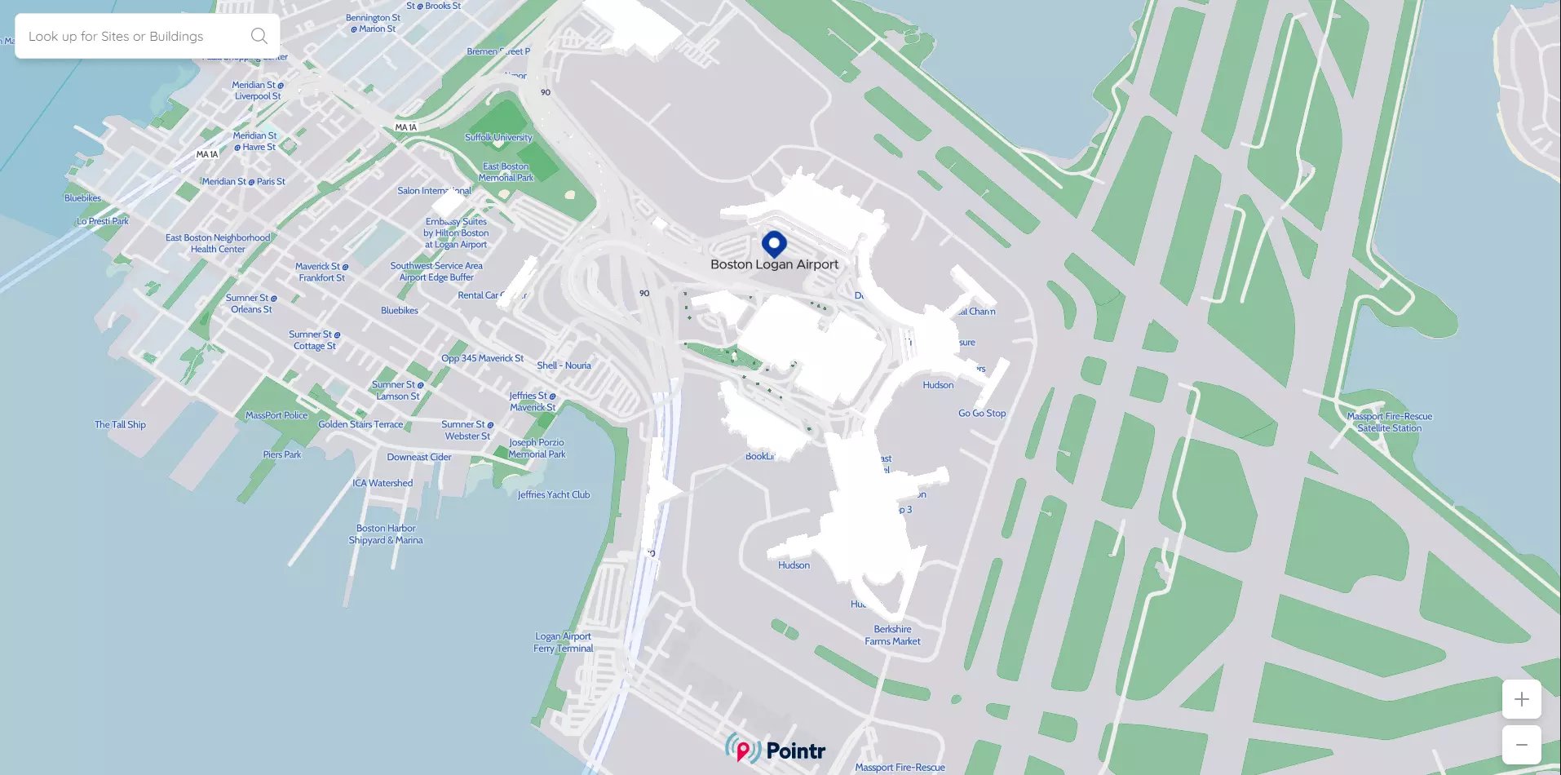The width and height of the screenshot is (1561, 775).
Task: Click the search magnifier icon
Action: coord(259,36)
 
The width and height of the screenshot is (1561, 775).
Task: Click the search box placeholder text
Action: coord(116,37)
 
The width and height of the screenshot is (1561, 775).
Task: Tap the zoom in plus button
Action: coord(1521,699)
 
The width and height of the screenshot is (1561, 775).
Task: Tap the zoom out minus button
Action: coord(1521,745)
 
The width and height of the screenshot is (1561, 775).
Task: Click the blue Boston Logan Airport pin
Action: coord(774,243)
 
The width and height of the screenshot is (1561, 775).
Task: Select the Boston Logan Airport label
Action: coord(774,264)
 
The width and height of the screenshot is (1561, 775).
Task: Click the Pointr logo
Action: coord(776,750)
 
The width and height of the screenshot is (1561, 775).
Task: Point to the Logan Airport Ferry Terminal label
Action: coord(563,642)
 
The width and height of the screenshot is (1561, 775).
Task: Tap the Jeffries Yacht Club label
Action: coord(553,494)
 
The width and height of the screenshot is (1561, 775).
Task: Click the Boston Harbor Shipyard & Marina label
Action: coord(386,534)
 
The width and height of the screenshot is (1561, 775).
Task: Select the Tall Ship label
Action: coord(120,424)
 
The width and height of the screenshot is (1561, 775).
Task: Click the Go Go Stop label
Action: coord(982,413)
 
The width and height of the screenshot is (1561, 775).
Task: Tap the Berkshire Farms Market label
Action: coord(892,635)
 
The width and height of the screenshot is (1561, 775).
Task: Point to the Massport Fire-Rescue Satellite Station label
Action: coord(1389,422)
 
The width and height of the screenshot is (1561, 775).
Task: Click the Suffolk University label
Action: coord(498,137)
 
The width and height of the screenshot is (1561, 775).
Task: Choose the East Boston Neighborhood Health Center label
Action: coord(218,243)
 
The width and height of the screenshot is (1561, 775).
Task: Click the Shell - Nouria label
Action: coord(564,365)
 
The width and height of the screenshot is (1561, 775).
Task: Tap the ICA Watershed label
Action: coord(383,483)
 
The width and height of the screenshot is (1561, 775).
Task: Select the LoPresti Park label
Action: coord(103,221)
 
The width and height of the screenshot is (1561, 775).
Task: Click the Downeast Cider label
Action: coord(419,457)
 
